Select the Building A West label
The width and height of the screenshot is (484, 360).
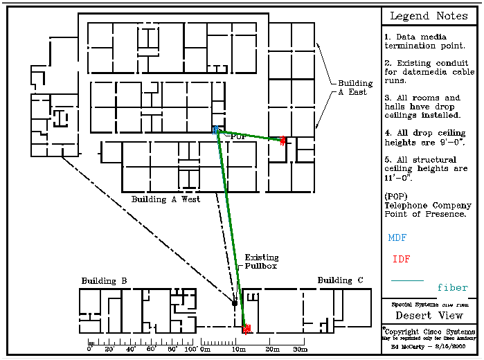click(x=165, y=199)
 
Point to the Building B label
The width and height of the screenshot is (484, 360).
click(x=104, y=282)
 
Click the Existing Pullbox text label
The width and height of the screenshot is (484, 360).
click(x=261, y=261)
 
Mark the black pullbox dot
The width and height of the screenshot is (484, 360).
click(x=235, y=303)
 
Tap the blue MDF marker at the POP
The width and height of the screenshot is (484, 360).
click(x=216, y=130)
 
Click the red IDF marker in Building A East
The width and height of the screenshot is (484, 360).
click(x=283, y=141)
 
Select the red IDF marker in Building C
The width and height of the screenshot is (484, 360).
click(x=247, y=329)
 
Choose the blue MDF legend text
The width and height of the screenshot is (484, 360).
click(x=397, y=237)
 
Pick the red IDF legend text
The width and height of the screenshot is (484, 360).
click(x=401, y=260)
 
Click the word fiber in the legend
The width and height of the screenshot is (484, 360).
click(x=452, y=287)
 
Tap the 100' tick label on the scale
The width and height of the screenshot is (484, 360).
click(x=190, y=350)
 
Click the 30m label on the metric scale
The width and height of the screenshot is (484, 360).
click(x=300, y=350)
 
